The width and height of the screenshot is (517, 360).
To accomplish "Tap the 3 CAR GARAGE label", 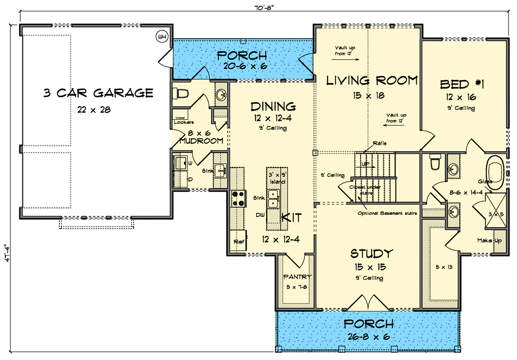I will [98, 93].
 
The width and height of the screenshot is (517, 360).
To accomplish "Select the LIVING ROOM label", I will [372, 81].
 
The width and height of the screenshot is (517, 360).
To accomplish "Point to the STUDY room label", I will [372, 254].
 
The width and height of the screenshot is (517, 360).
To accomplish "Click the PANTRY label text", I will [297, 277].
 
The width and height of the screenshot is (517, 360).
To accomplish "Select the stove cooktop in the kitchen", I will [238, 198].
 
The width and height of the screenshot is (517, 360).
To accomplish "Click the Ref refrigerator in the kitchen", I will [238, 242].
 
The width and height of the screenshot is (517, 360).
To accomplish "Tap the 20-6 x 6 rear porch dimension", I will [242, 66].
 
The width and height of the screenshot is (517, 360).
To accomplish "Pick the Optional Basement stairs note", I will [387, 213].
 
